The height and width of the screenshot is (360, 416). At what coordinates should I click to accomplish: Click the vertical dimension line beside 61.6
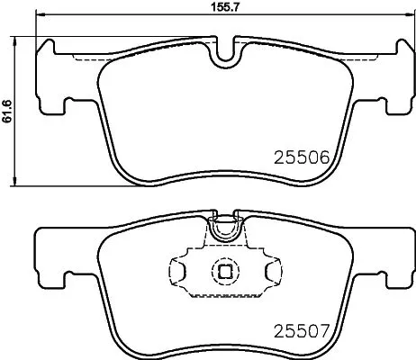click(x=22, y=114)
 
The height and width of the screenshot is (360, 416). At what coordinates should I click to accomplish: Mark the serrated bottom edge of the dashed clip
click(x=222, y=293)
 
